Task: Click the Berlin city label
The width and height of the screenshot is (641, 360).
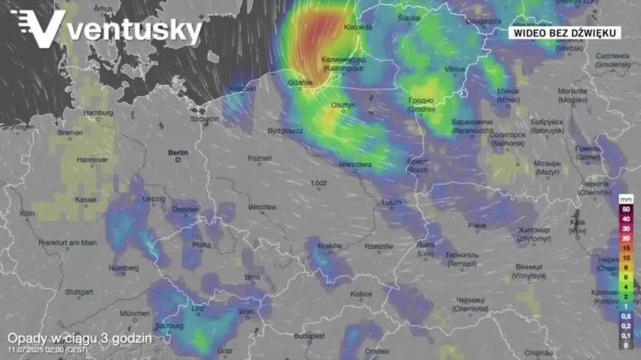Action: coord(178,152)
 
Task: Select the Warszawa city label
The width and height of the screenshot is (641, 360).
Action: coord(355,164)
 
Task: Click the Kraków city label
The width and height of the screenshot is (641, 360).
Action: coord(330,246)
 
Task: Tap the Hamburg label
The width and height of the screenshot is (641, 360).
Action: coord(99,113)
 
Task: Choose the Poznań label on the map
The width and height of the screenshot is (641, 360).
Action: coord(260,158)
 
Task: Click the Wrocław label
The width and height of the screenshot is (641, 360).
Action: coord(262,207)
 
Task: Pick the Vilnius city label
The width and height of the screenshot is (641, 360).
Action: coord(455,68)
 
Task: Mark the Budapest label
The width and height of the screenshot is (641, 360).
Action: coord(309,336)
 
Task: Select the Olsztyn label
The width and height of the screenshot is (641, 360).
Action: coord(343,105)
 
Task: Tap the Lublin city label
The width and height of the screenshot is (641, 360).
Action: coord(391,202)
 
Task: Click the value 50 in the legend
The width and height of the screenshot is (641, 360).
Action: coord(625,209)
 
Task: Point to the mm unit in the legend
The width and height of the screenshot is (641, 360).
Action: coord(625,198)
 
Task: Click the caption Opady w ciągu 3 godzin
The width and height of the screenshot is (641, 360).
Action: coord(79,338)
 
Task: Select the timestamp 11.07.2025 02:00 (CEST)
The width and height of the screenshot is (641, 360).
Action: coord(48,349)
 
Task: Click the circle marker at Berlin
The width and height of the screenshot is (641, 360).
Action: coord(178,160)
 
